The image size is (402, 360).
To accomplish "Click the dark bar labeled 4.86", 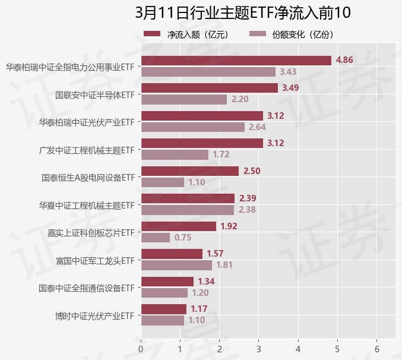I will [x=236, y=61].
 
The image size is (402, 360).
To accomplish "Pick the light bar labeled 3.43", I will [x=208, y=72].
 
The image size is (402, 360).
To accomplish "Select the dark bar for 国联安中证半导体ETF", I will [x=210, y=88].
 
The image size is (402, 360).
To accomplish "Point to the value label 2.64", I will [x=257, y=127].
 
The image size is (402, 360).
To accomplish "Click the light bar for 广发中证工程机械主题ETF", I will [x=175, y=154].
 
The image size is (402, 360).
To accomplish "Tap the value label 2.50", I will [x=252, y=171].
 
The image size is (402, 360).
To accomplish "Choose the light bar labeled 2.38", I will [x=188, y=210].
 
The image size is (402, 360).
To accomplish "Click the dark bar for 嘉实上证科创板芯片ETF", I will [x=179, y=226].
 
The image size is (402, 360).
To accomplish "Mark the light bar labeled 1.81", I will [x=176, y=265].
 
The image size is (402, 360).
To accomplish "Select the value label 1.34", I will [x=206, y=282].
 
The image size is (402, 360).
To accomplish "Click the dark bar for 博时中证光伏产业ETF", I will [x=164, y=309].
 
